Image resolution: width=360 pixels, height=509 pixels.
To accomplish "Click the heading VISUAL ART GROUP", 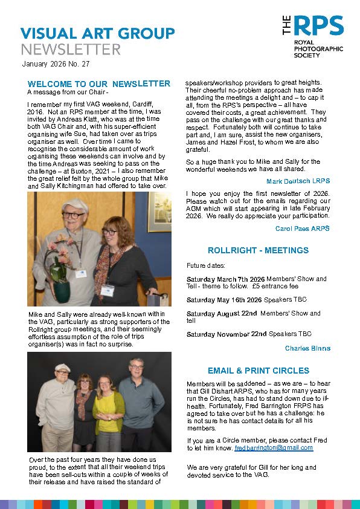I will coord(97,33).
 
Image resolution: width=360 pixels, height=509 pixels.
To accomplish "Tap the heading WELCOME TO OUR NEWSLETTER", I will coord(99,83).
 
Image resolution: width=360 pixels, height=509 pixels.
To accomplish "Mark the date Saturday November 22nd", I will coord(227,334).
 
